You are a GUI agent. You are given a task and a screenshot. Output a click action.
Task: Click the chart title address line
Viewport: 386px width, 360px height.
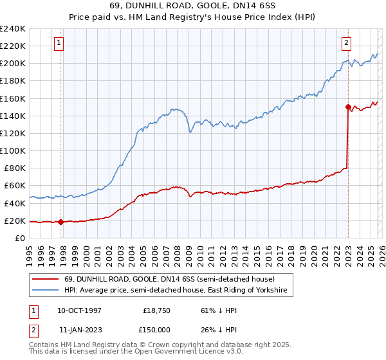click(x=193, y=5)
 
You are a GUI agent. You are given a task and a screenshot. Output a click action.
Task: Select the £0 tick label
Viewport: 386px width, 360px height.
click(x=21, y=238)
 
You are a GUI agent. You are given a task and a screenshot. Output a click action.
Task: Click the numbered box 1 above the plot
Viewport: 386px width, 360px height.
click(x=59, y=43)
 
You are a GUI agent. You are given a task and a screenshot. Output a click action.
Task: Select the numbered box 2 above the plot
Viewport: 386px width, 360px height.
click(x=346, y=43)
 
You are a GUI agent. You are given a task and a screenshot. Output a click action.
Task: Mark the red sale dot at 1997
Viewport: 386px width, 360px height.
click(x=60, y=222)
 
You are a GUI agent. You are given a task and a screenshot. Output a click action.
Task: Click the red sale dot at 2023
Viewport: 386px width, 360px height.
click(x=348, y=107)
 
